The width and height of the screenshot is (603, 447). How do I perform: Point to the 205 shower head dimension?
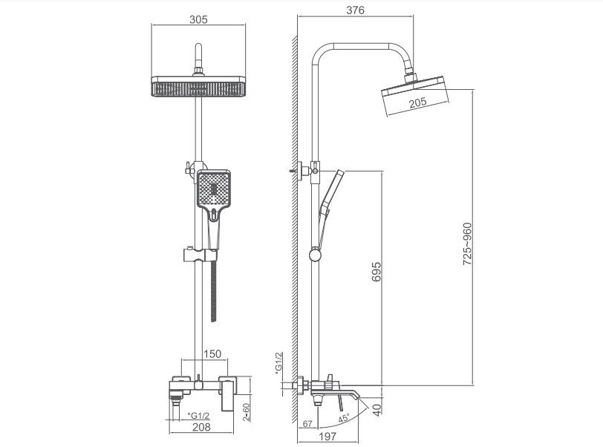[x=417, y=102]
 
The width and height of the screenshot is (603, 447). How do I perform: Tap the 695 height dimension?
[x=376, y=275]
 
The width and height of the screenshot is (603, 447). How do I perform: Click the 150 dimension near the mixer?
[x=213, y=354]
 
